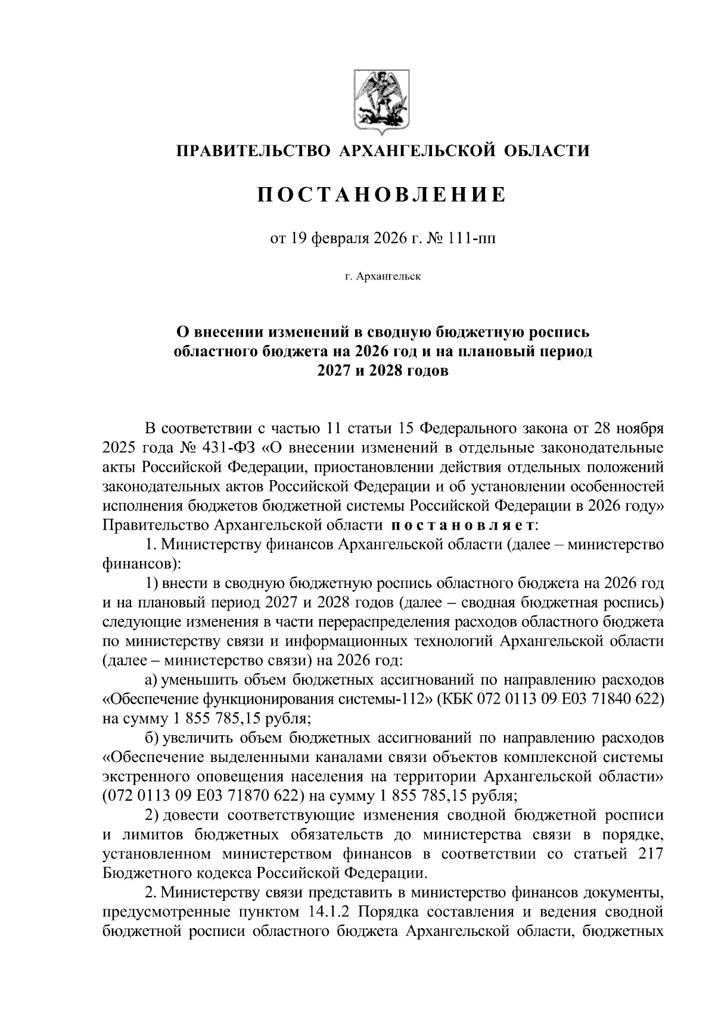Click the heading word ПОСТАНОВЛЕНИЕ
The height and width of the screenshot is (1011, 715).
tap(381, 195)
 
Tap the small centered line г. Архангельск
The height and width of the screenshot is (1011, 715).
tap(382, 277)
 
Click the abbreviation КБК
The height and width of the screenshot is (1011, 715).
tap(458, 699)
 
